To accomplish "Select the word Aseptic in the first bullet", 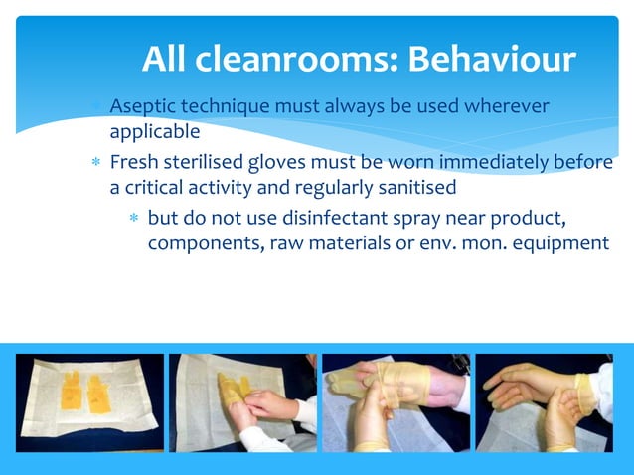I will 143,105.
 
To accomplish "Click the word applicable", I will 154,130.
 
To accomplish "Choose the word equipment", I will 556,243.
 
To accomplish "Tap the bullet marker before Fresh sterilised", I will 96,163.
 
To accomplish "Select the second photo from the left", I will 241,402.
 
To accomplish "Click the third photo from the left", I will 396,402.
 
